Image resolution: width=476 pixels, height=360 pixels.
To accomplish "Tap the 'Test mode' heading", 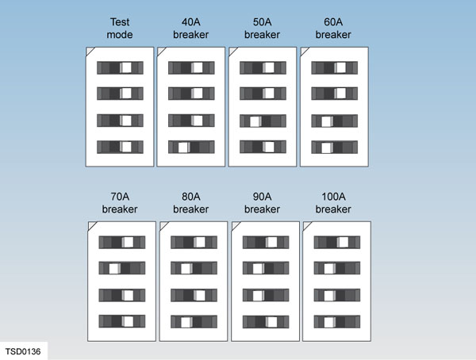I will coord(119,29).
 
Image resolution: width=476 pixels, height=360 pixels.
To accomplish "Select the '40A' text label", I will coord(191,22).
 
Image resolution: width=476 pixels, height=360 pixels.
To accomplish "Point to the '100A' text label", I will coord(334,197).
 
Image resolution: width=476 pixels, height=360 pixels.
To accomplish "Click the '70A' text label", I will coord(120,197).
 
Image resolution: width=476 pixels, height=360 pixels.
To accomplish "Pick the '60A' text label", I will coord(333,22).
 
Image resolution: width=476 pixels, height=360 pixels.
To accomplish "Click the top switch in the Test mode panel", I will coord(120,68).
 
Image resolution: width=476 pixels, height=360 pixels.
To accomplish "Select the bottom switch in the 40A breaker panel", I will coord(191,147).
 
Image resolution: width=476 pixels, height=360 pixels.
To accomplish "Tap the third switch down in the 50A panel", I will coord(263,121).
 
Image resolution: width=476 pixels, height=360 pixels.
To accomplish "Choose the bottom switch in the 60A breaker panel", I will coord(333,147).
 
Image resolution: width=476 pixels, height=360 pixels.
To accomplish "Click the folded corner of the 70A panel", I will coord(92,226).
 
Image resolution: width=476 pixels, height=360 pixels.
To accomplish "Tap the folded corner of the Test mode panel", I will coord(90,51).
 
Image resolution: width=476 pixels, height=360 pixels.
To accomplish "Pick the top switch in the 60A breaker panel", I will coord(333,68).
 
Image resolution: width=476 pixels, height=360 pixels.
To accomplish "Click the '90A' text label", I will coord(263,197).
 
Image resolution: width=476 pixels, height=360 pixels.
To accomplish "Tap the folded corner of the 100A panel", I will coord(308,226).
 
